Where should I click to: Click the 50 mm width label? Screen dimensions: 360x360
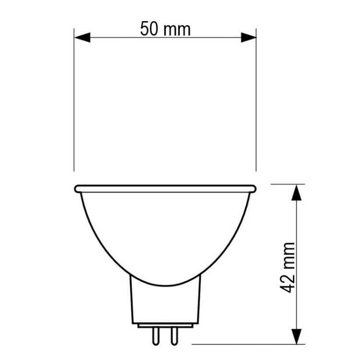tap(165, 29)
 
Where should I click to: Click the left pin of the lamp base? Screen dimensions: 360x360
tap(156, 337)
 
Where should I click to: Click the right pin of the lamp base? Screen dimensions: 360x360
tap(174, 337)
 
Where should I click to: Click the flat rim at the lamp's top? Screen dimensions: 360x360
tap(165, 189)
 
